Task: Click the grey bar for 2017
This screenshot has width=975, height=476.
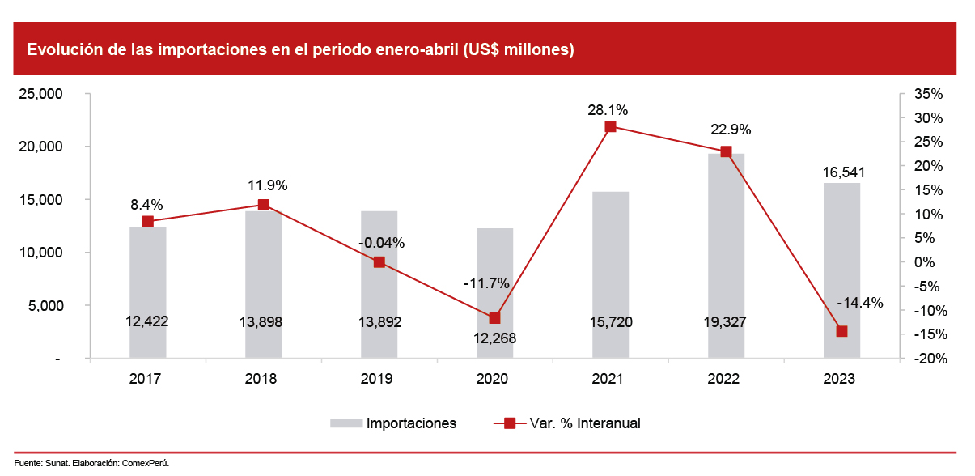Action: [x=147, y=275]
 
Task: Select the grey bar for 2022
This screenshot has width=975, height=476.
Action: [x=726, y=243]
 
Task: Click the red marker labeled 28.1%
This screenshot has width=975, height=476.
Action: [x=610, y=126]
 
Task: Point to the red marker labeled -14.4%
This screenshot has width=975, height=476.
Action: [x=841, y=331]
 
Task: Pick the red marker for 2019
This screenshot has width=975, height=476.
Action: [x=379, y=262]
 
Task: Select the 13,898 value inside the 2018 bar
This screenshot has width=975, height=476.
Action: [x=263, y=322]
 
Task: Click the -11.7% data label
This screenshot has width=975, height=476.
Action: [x=485, y=283]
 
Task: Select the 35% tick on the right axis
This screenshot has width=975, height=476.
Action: [x=928, y=94]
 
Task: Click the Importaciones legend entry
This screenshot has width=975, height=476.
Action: [x=411, y=423]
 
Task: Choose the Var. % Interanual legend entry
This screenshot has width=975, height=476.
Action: [x=584, y=423]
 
